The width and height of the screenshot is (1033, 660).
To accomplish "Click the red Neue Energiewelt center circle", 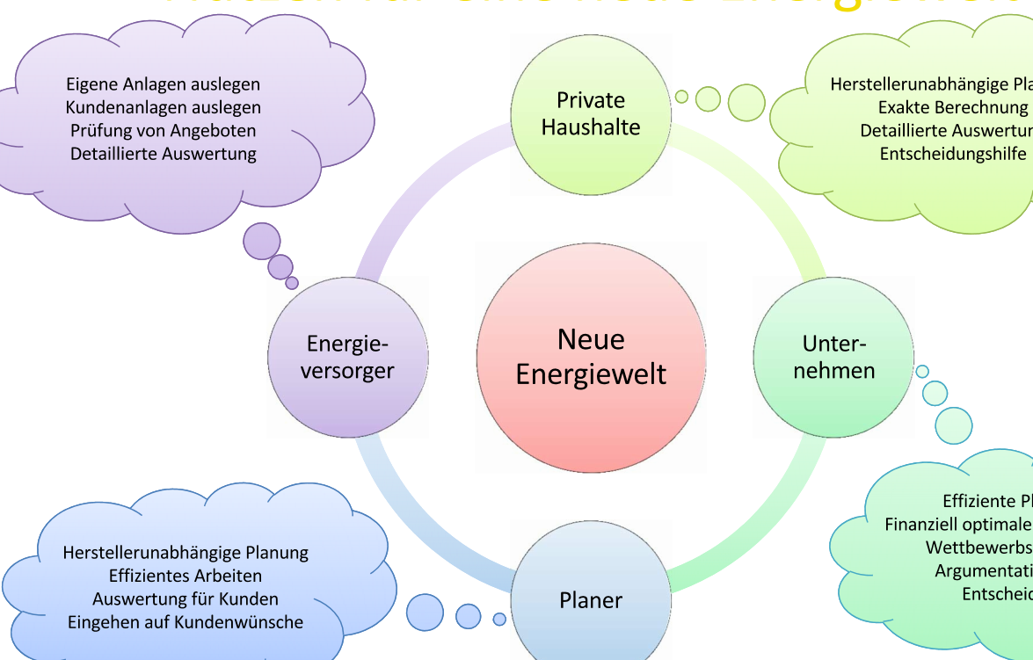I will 591,358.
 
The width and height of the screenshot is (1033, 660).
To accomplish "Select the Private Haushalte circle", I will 591,113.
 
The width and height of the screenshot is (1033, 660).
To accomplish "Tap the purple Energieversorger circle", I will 347,358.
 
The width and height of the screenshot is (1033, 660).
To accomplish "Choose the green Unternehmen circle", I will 833,358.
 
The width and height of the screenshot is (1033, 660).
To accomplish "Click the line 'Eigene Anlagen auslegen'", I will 164,84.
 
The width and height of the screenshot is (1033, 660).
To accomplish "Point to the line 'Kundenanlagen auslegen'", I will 164,107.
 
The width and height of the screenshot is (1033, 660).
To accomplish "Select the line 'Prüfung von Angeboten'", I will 164,130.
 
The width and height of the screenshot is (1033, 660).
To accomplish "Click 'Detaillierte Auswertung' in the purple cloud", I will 164,154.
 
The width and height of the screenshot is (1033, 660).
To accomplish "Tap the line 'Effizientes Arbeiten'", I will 186,576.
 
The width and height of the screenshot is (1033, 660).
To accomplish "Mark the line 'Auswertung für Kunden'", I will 186,598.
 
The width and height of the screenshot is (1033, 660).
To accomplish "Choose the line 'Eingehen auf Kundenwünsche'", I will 186,622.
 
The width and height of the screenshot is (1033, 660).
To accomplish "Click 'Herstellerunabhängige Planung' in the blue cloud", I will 186,553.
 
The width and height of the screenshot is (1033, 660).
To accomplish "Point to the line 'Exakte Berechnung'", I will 953,107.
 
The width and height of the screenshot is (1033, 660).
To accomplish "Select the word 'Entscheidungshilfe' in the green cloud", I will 953,154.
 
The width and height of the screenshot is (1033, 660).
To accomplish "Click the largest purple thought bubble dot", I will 261,241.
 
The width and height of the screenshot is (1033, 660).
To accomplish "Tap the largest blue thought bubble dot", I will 425,613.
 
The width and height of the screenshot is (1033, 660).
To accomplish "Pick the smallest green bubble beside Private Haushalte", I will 681,97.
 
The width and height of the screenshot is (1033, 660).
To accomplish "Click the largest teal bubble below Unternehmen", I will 954,425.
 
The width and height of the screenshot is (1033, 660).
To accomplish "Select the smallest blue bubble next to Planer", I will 499,620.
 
